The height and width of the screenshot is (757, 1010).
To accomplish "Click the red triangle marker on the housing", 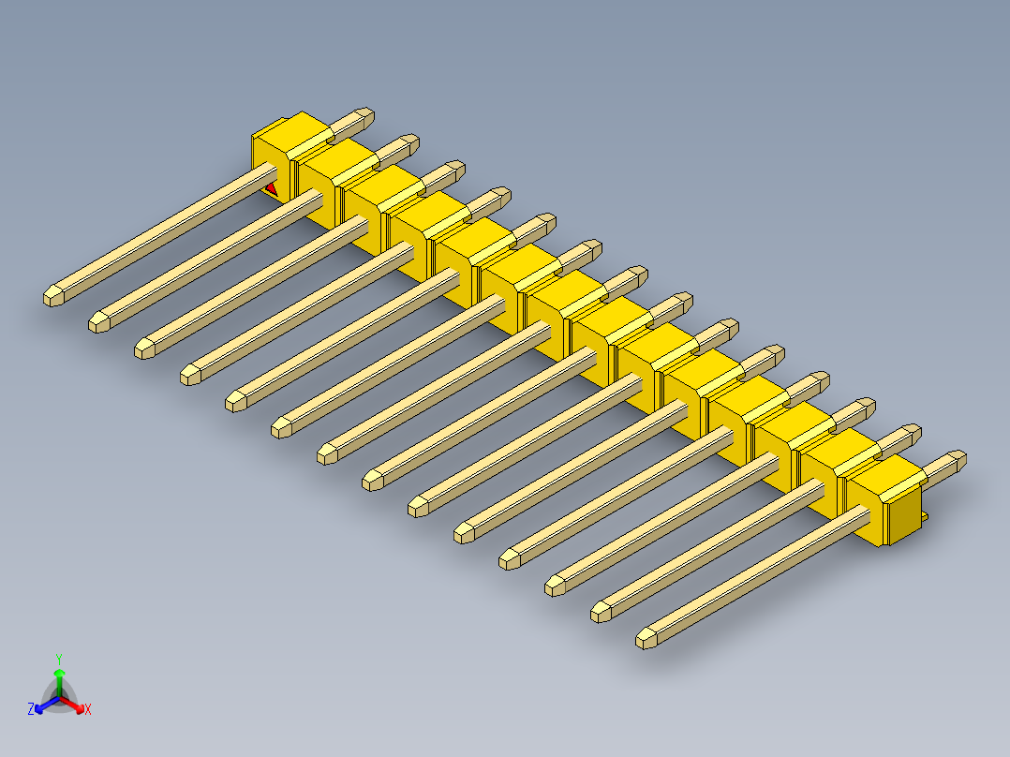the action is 272,188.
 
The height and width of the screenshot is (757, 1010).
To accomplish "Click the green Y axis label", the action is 59,659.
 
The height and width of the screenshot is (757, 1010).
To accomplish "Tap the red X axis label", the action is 88,709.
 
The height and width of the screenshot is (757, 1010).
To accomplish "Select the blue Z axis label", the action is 31,708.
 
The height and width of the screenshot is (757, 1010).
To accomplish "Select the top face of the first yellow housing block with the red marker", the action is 293,135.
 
